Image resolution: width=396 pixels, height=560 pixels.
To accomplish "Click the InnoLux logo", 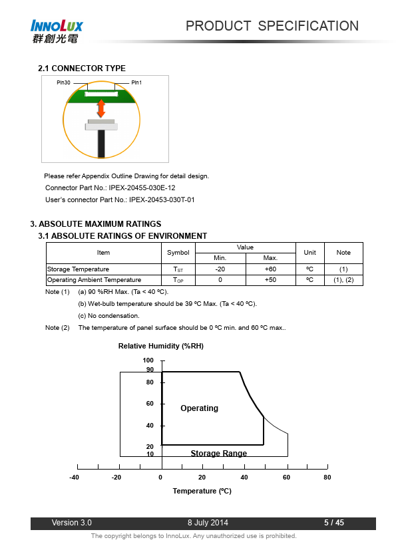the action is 57,31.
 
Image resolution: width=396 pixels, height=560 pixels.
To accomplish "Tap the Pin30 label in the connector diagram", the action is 63,82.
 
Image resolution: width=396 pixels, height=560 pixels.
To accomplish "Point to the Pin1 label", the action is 136,82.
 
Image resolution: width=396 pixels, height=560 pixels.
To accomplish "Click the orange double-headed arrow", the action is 101,108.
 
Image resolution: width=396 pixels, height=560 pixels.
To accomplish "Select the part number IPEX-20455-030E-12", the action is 142,188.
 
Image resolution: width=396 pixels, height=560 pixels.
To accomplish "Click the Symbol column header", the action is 178,253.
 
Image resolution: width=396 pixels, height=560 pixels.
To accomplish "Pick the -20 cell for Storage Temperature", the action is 220,269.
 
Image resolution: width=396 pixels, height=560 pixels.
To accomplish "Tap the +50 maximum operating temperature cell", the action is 271,280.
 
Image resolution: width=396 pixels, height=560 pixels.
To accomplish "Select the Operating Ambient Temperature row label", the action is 95,280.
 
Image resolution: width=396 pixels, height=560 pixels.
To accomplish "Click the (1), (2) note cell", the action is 343,280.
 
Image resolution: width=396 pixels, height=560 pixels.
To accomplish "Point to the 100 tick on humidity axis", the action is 148,360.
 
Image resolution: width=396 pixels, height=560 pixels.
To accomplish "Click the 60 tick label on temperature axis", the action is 286,477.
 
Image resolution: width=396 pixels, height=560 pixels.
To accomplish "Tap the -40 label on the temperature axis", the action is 74,477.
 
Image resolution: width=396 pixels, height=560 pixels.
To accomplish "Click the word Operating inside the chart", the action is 200,408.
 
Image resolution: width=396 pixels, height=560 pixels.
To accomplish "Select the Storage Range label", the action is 219,453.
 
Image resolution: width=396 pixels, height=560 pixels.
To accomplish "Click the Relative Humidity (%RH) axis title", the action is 161,346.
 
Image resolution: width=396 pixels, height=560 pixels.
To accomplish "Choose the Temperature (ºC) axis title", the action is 202,491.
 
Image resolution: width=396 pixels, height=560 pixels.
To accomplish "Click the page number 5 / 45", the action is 334,523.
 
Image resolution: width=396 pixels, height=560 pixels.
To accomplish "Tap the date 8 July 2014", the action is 208,523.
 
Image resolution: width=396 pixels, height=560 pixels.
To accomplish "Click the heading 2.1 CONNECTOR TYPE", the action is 82,69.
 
